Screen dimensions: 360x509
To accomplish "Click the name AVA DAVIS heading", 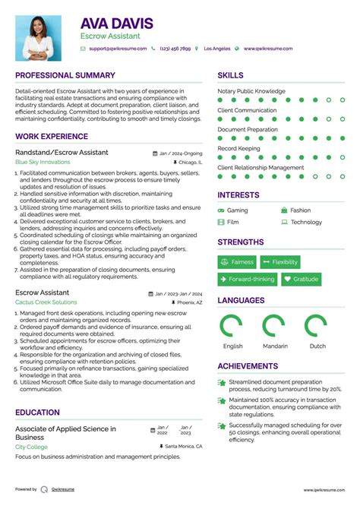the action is (x=117, y=24).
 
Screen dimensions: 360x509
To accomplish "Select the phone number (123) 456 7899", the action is (x=175, y=49).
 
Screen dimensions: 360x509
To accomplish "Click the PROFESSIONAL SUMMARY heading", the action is (x=65, y=75).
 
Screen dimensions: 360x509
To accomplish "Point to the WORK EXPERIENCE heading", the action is (x=52, y=137).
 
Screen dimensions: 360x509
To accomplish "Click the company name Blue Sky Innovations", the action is (x=43, y=163).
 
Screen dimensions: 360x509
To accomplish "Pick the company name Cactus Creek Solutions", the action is (x=46, y=302).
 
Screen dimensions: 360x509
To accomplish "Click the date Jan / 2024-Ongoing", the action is (x=182, y=153).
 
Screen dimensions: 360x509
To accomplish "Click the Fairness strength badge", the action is (x=237, y=262).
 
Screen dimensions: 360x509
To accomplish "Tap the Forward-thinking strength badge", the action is (x=247, y=279).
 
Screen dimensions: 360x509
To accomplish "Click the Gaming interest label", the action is (x=237, y=210).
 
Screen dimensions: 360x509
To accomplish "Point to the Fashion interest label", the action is (x=300, y=210).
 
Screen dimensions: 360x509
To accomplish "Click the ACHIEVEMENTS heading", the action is (x=247, y=365).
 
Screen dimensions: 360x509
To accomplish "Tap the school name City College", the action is (x=31, y=447).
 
